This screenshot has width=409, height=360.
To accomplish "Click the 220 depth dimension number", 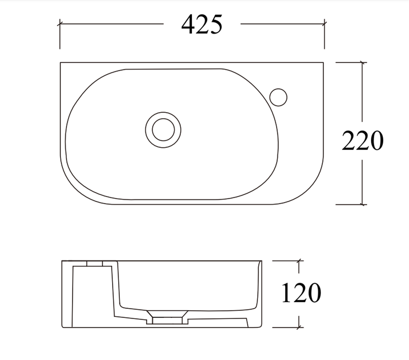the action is tap(362, 140).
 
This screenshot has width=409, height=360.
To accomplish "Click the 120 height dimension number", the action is tap(301, 292).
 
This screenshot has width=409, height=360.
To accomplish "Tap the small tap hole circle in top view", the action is tap(278, 97).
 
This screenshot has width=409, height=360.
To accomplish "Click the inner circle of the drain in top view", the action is tap(163, 130).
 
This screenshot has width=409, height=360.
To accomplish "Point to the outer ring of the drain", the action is tap(163, 112).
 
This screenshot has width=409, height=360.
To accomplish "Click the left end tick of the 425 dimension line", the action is tap(60, 24).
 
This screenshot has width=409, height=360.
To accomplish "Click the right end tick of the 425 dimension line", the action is tap(324, 24).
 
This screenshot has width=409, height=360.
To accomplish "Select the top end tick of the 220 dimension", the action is tap(362, 63).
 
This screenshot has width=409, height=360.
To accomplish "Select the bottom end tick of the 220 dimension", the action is tap(362, 205).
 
